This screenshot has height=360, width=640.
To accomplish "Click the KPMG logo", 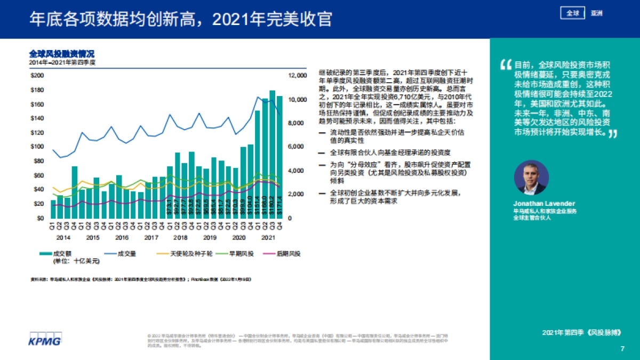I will [44, 339].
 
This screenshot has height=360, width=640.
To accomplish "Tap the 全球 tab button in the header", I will [573, 13].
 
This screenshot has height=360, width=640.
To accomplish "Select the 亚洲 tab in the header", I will [596, 13].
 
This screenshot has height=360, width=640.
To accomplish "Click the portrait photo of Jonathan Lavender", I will [531, 178].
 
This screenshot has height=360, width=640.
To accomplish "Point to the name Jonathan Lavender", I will [537, 204].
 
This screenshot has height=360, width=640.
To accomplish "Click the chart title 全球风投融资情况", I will [62, 54].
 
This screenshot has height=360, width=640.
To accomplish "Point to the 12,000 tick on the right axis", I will [298, 76].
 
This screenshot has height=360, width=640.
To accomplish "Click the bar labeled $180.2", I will [272, 155].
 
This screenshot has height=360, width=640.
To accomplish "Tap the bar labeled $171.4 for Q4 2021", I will [279, 157].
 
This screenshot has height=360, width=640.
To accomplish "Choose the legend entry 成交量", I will [118, 253].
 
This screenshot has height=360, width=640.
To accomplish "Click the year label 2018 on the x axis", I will [180, 237].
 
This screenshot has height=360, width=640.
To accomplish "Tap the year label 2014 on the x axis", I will [64, 237].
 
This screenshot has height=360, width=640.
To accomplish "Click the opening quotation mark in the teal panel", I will [505, 65].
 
